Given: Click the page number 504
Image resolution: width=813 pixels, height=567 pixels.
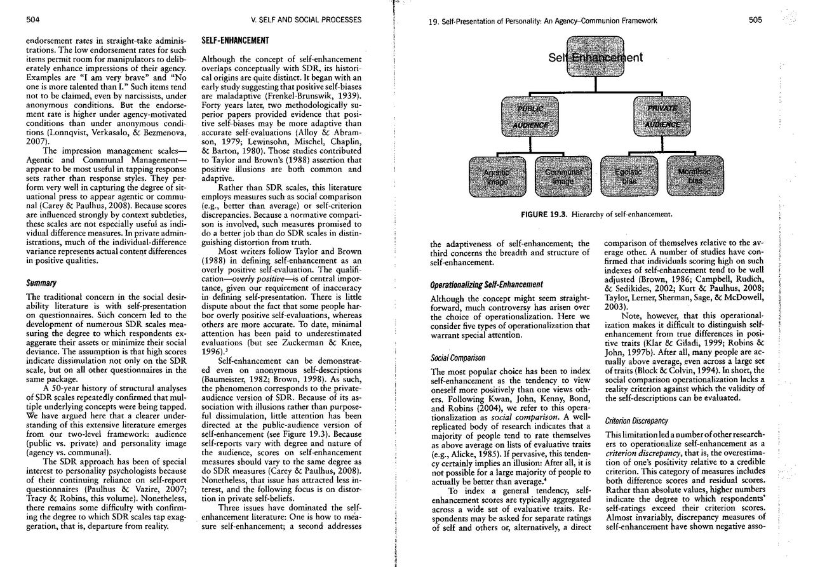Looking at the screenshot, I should tap(33, 20).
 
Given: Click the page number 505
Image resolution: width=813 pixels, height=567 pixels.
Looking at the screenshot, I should tap(755, 20).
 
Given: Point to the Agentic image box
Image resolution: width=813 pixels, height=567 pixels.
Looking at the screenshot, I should tap(497, 177).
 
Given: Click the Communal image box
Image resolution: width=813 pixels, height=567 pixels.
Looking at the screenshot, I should tap(563, 177).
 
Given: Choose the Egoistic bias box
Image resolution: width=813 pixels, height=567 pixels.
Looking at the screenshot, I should tap(629, 177).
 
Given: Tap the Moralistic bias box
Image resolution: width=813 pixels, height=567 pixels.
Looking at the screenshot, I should tap(695, 177).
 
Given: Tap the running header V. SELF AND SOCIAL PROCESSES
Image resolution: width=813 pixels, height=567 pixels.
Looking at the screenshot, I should tap(306, 20).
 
